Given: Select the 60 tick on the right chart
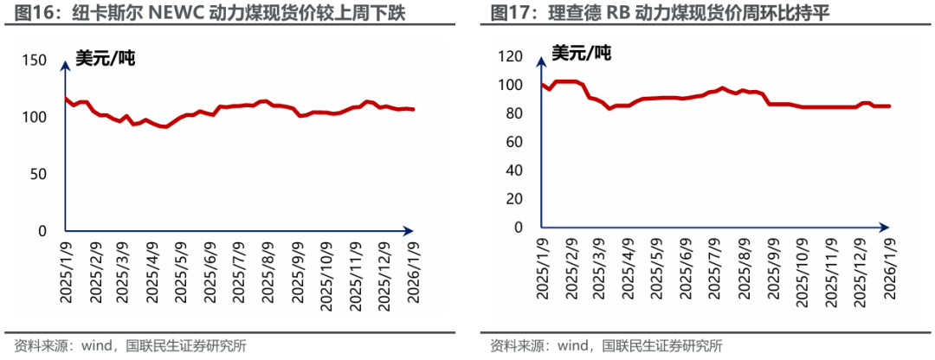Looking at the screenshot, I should (513, 142).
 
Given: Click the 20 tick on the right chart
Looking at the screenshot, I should (513, 199).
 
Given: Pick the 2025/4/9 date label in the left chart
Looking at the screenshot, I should (152, 271).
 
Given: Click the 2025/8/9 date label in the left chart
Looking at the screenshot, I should (269, 271).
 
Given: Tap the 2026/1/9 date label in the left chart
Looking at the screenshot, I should (413, 271).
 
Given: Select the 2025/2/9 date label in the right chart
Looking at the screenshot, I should (572, 271).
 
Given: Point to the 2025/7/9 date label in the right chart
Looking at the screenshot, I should (717, 271).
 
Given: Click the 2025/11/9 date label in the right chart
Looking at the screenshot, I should (832, 271).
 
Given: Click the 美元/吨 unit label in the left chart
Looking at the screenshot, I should (105, 59).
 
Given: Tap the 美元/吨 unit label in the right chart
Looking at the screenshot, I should (581, 54).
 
